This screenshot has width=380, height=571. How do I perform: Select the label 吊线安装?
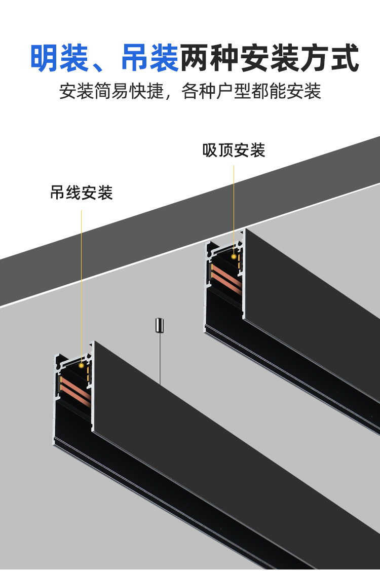click(x=81, y=193)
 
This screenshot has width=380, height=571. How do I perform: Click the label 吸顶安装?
click(x=234, y=150)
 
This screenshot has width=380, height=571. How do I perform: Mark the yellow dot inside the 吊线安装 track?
click(x=82, y=364)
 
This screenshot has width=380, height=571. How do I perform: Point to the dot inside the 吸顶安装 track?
click(x=234, y=256)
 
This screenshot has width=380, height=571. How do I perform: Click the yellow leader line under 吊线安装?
click(x=82, y=279)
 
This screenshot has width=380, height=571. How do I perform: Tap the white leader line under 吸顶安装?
click(x=234, y=203)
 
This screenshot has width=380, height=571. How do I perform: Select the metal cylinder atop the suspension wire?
click(x=160, y=324)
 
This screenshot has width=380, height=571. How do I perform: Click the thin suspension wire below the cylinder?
click(x=160, y=360)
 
